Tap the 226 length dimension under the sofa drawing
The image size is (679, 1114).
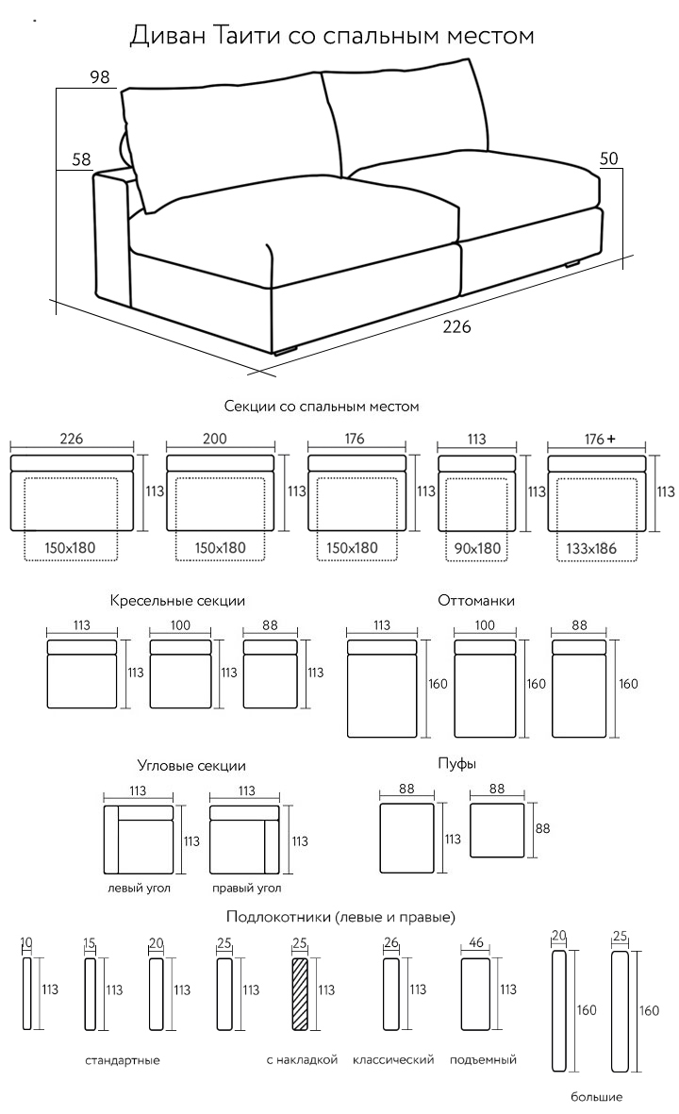(x=456, y=327)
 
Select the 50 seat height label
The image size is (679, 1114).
(x=608, y=160)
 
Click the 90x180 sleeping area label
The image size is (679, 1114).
(x=477, y=547)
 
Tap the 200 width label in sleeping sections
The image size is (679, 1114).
(x=214, y=439)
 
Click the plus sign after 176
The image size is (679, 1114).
(x=611, y=439)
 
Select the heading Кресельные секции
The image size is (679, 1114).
(x=177, y=601)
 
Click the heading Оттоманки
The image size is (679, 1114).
(x=476, y=601)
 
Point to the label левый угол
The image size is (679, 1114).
(x=139, y=888)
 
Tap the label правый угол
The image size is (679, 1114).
(x=247, y=888)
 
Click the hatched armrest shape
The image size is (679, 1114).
(x=301, y=994)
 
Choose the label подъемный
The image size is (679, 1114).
(x=483, y=1060)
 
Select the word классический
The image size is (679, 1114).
(x=393, y=1060)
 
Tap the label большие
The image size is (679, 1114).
(x=596, y=1097)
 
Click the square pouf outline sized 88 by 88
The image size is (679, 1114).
(x=496, y=829)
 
